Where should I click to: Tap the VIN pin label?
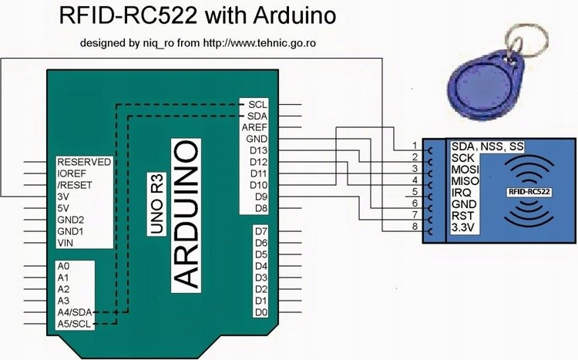point(68,243)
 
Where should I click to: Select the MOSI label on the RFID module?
point(466,168)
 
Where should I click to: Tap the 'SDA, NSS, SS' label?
point(486,146)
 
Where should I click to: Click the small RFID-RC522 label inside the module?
point(528,190)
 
